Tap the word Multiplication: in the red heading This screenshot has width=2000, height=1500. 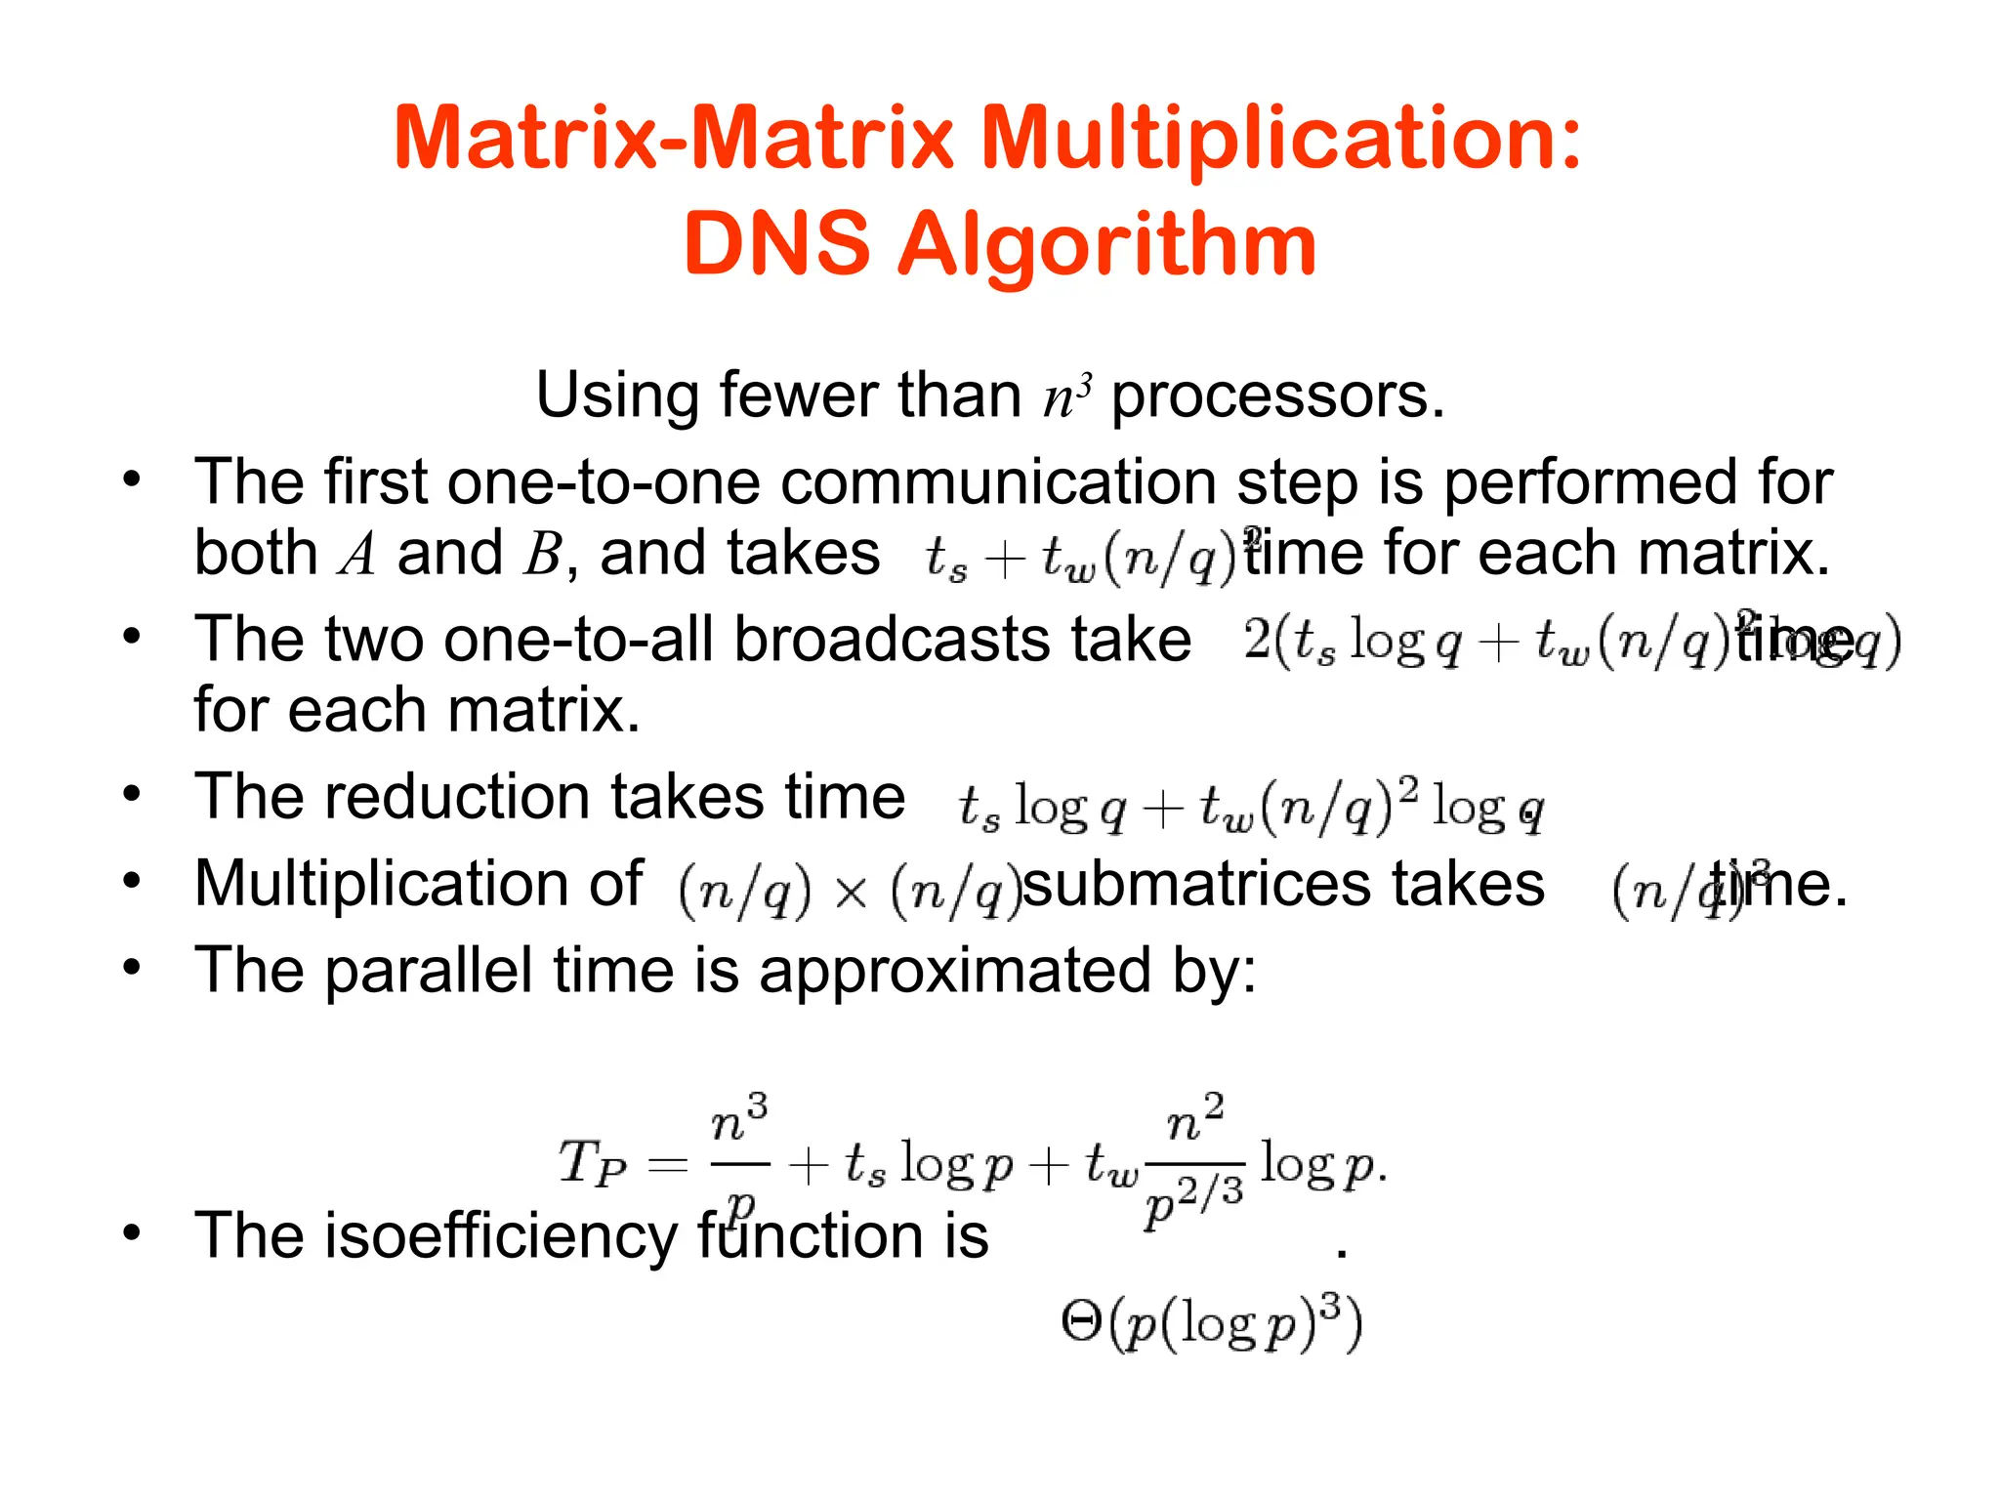1280,139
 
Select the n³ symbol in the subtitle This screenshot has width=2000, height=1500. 1066,396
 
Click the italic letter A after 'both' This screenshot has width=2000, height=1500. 357,555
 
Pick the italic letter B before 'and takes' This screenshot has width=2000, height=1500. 542,555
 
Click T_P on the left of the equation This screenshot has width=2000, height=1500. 592,1164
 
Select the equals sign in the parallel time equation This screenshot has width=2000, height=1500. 668,1164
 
